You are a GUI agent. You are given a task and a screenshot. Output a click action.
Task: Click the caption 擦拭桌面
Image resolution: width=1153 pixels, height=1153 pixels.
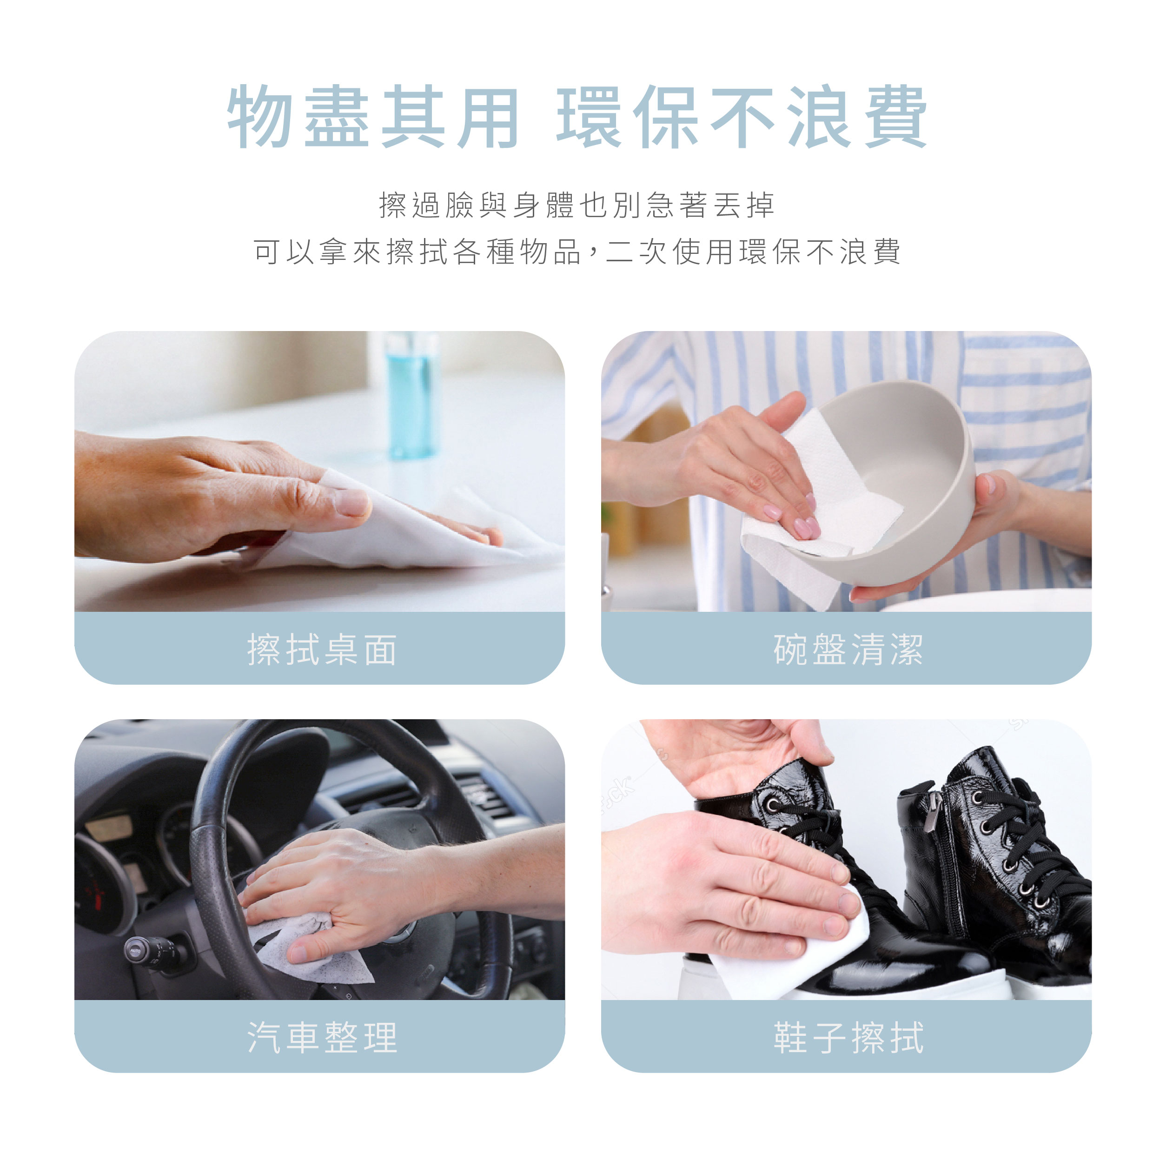point(322,650)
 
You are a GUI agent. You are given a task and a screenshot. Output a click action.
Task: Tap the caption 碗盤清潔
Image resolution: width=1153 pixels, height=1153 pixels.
point(848,650)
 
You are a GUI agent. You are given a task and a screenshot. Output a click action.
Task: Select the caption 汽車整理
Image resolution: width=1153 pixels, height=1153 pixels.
point(322,1037)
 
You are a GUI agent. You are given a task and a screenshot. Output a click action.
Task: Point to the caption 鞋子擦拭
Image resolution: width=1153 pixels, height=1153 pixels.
point(848,1037)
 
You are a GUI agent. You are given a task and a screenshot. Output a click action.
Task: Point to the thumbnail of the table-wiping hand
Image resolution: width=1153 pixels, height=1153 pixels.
point(319,471)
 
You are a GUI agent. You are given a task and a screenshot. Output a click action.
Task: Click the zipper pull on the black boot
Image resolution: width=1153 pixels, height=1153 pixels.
point(930,814)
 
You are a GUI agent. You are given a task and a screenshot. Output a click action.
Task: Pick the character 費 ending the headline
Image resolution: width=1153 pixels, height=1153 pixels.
point(895,116)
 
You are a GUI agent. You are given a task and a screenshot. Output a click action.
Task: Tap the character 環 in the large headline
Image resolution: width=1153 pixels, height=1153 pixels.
point(589,116)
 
